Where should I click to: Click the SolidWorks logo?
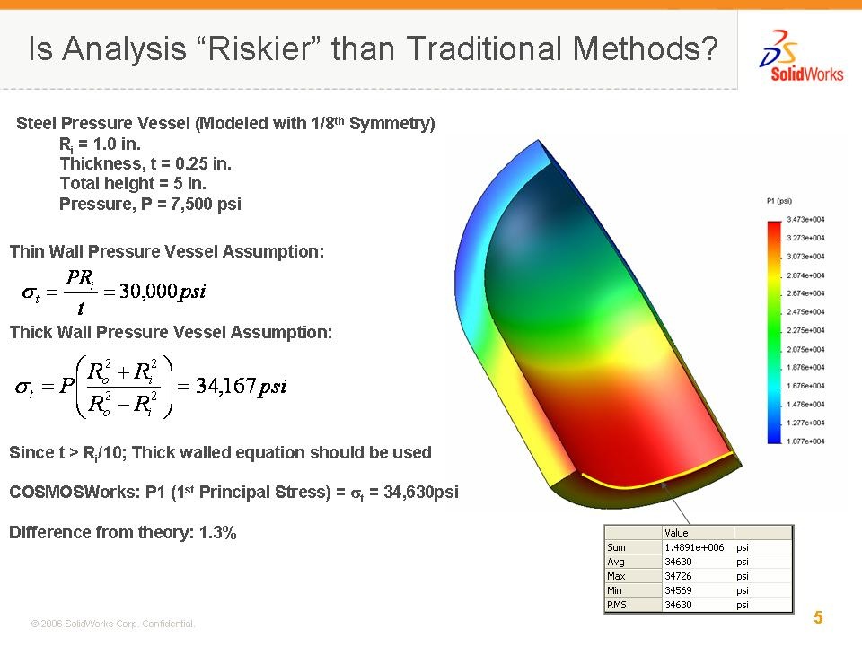coord(802,57)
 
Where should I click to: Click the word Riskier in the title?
coord(260,48)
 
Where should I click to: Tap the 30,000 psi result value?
coord(163,291)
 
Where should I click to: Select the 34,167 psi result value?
coord(242,386)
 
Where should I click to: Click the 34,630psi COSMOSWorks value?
coord(420,492)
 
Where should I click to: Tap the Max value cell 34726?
coord(679,576)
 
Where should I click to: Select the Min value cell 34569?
coord(679,590)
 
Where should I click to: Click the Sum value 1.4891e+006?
coord(694,547)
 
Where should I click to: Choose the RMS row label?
coord(617,605)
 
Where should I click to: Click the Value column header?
coord(676,533)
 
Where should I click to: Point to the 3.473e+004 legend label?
coord(805,219)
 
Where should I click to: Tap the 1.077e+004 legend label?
coord(805,441)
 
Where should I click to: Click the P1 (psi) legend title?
coord(779,201)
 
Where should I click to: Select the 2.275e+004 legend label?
coord(805,330)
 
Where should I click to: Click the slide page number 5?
coord(818,617)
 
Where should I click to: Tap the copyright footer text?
coord(112,624)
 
